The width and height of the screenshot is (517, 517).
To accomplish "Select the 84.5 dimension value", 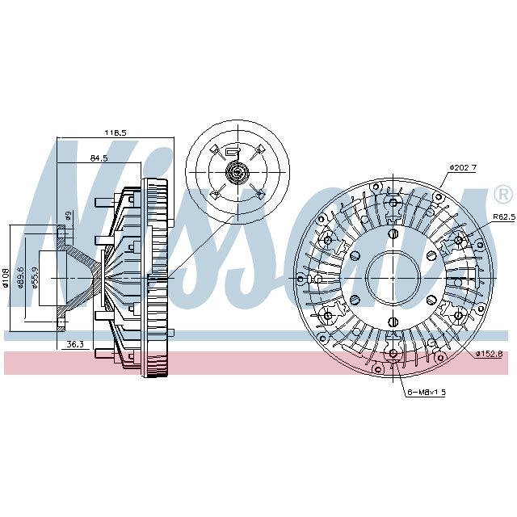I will coord(99,158).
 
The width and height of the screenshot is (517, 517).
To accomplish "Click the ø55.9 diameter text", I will coord(37,279).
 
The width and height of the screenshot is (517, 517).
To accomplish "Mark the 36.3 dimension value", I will coord(75,345).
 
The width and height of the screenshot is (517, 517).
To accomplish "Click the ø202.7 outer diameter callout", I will coord(463,167).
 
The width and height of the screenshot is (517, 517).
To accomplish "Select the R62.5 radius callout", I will coord(503,217).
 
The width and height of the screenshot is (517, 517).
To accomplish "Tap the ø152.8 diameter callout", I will coord(489,354).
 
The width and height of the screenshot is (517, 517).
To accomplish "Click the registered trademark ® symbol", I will coord(502,195).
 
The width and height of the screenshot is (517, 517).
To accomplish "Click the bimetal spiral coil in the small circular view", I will coord(237,171).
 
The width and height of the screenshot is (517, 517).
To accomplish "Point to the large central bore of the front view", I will coord(392,277).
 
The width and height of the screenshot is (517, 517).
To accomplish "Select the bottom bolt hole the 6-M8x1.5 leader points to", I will coord(392,354).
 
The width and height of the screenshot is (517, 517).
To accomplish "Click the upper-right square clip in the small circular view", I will coord(262,149).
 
